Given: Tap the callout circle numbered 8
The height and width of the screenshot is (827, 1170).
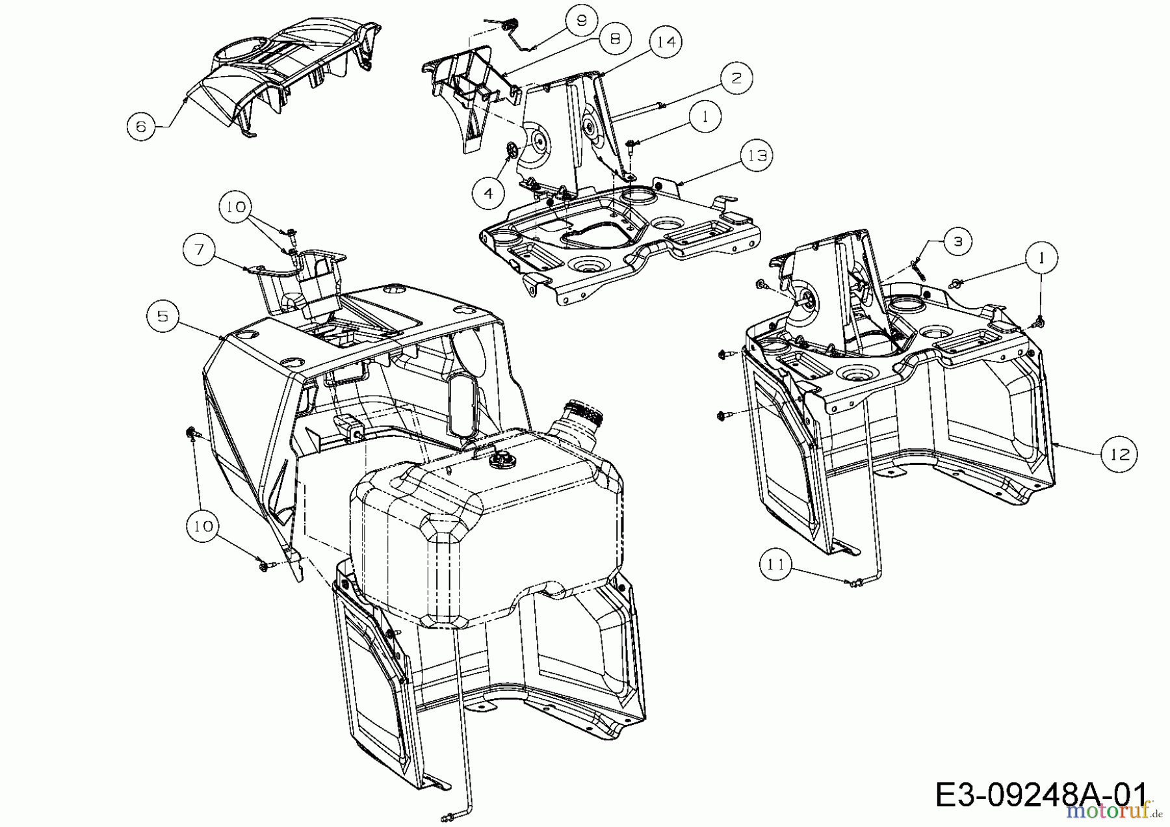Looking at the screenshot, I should point(615,39).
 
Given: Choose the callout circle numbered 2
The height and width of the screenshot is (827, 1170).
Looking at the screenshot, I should point(736,78).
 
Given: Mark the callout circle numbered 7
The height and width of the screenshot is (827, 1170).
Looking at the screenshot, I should point(199,249).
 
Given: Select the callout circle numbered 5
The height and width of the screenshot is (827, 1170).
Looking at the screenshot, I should point(162,316).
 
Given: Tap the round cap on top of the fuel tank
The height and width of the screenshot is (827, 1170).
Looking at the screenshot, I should point(499,462).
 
